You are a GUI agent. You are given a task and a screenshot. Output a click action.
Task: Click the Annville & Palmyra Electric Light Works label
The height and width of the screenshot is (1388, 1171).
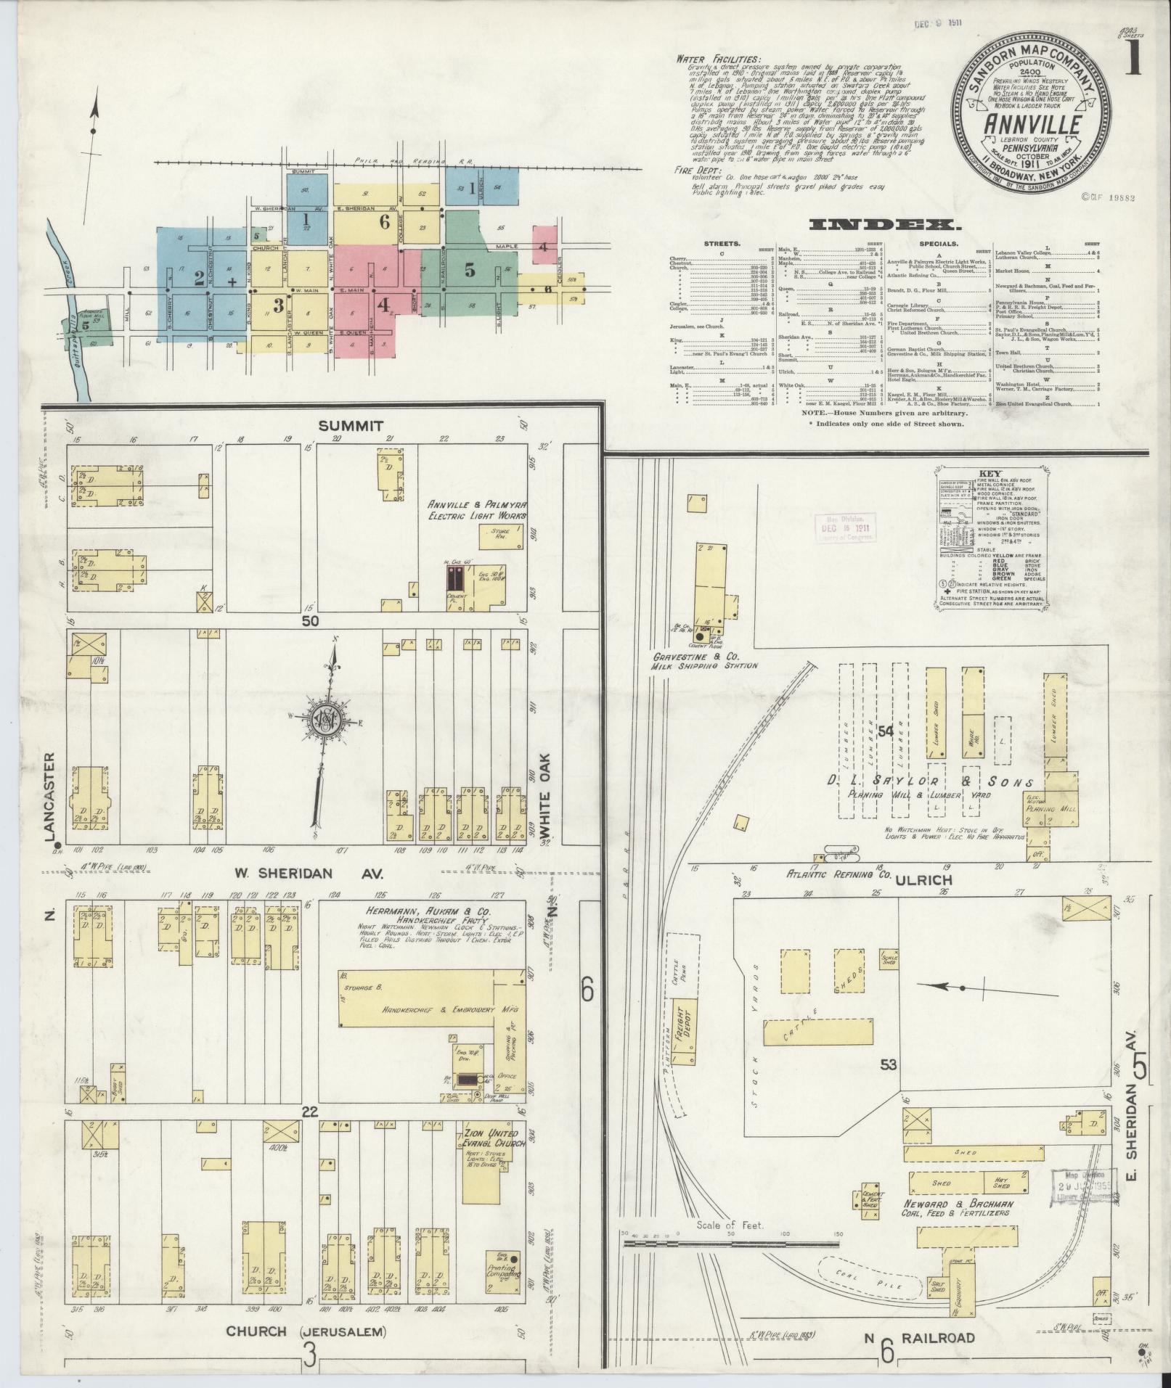[x=476, y=510]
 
